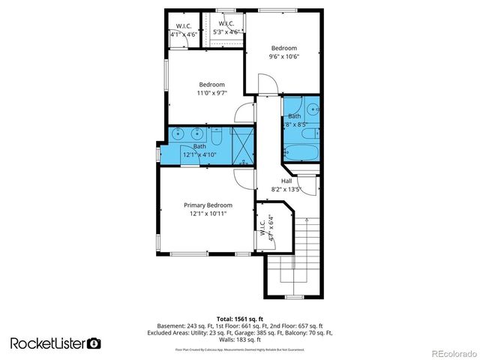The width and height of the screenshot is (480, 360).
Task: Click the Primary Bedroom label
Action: pos(208,205)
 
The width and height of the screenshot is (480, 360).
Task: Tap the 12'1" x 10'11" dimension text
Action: pos(208,214)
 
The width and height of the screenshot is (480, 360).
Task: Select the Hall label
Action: pos(286,181)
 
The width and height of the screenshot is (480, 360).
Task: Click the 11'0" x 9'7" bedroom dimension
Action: pos(211,93)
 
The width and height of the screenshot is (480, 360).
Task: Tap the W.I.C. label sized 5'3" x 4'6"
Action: pos(226,24)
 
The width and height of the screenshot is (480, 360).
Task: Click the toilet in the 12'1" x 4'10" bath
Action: pos(216,138)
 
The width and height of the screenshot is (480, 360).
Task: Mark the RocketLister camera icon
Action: pos(94,343)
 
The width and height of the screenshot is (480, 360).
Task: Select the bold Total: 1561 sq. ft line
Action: pos(239,318)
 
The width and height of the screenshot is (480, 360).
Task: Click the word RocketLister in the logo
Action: pos(47,343)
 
